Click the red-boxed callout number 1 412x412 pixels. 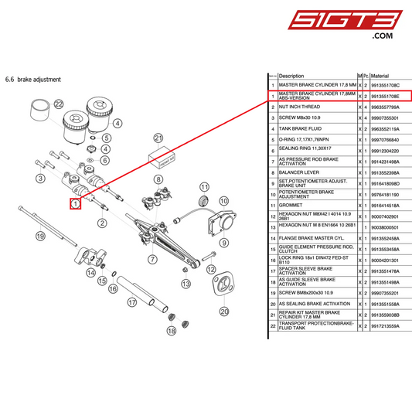point(76,204)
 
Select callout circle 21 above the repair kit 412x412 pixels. point(159,138)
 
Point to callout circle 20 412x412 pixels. point(224,312)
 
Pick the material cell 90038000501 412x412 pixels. point(390,228)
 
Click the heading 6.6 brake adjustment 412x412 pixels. point(32,79)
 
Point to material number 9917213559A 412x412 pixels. point(390,327)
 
